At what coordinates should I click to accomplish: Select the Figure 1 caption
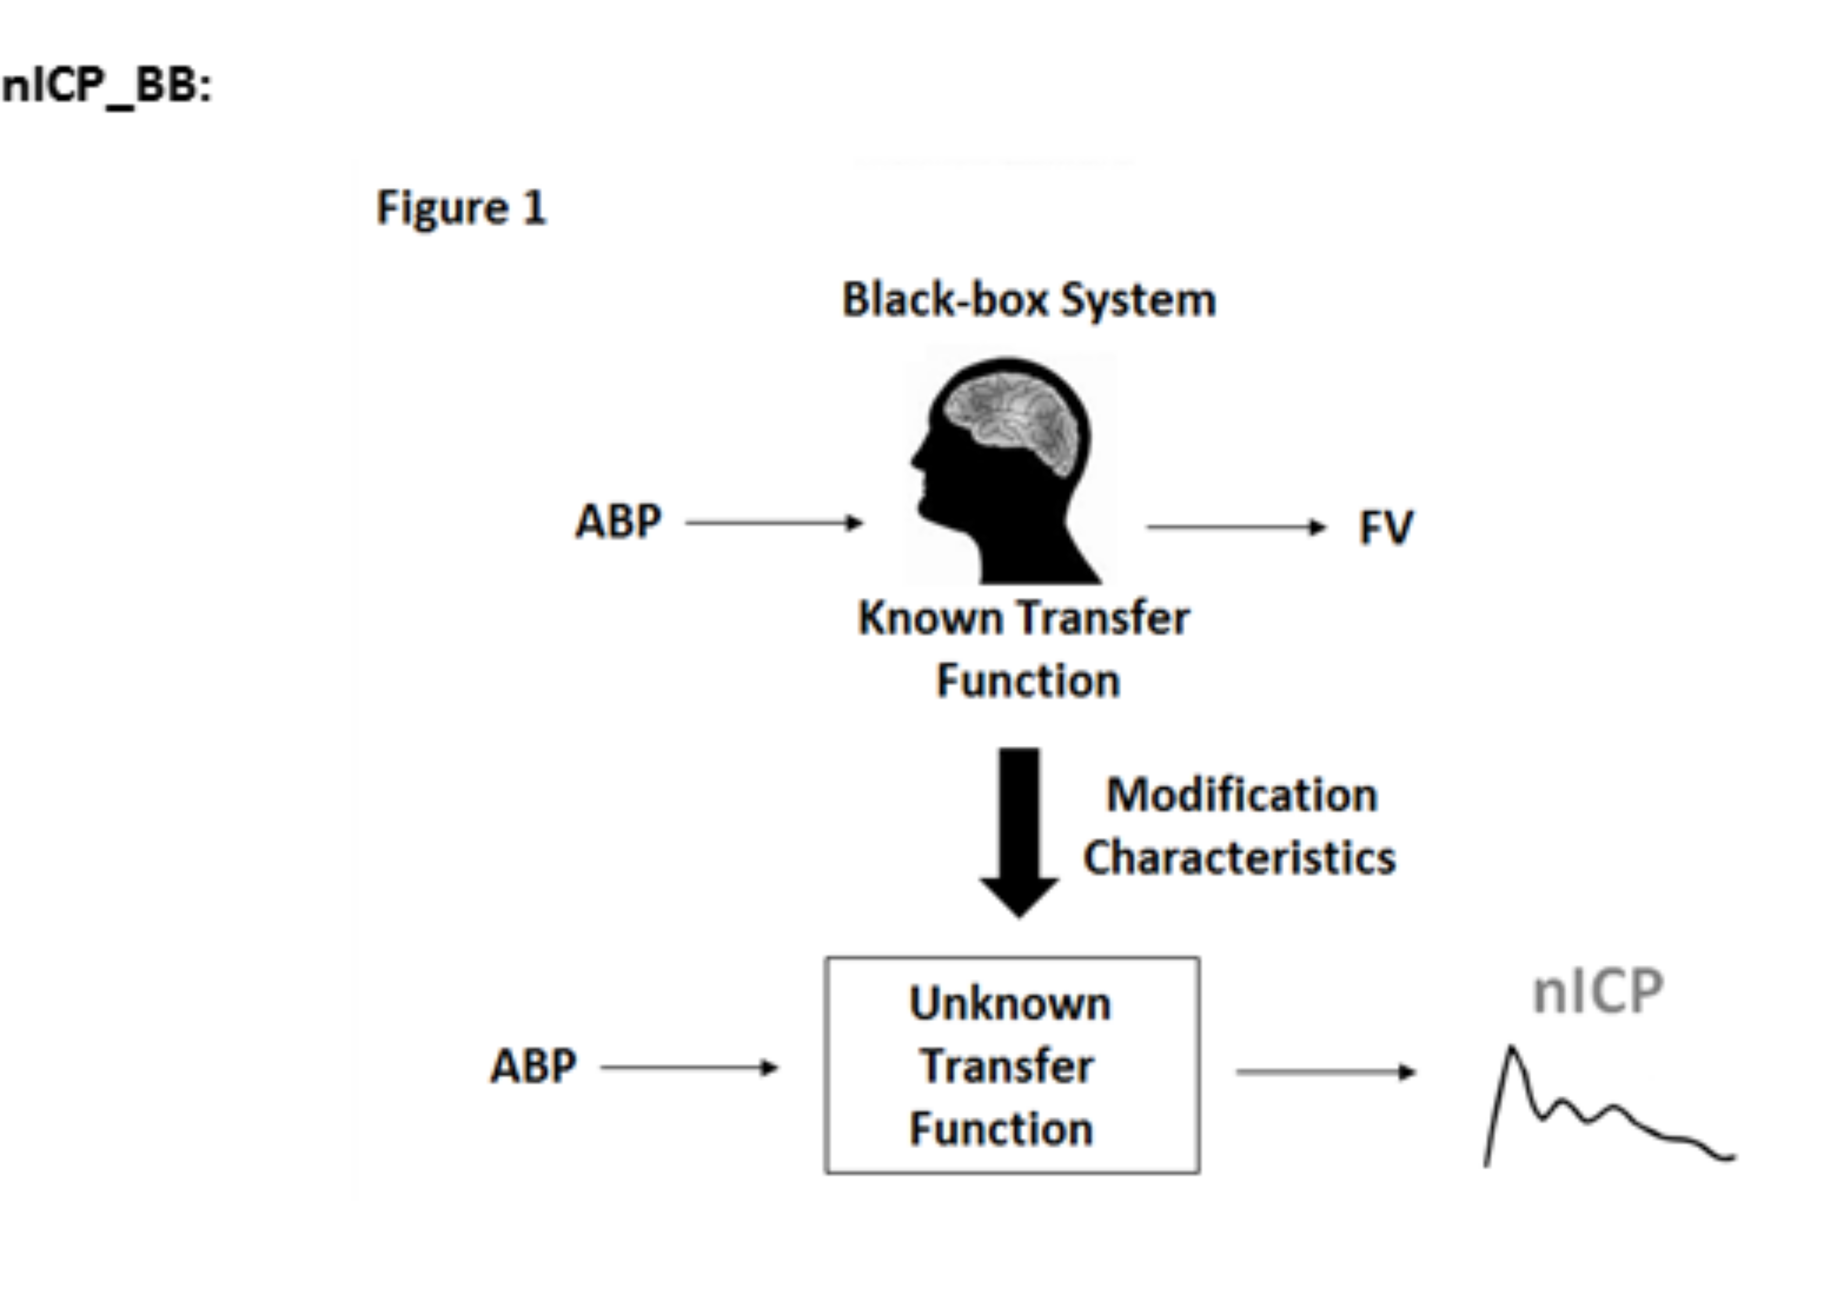click(x=461, y=208)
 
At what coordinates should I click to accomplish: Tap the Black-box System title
click(x=1028, y=300)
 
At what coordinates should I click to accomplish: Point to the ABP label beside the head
click(x=618, y=522)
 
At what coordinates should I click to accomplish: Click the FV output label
click(x=1385, y=528)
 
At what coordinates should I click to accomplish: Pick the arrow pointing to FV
click(x=1235, y=527)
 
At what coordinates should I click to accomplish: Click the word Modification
click(x=1242, y=795)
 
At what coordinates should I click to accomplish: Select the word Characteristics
click(x=1238, y=857)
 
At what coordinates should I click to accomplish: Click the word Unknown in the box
click(x=1010, y=1004)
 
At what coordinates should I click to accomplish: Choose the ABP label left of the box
click(x=533, y=1067)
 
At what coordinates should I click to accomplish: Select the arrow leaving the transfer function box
click(x=1325, y=1072)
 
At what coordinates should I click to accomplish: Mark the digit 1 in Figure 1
click(x=534, y=208)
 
